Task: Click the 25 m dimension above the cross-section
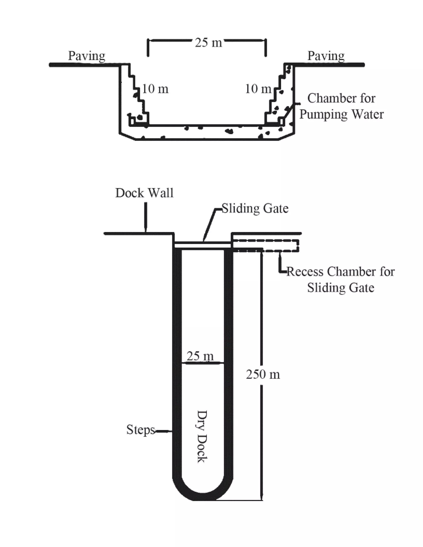tap(208, 43)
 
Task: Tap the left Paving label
tap(87, 56)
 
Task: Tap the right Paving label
tap(326, 56)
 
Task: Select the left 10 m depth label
tap(155, 89)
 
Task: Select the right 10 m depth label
tap(258, 89)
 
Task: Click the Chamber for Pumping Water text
tap(341, 107)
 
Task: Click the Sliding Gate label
tap(255, 209)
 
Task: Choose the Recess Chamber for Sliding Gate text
tap(340, 279)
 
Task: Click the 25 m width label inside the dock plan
tap(200, 356)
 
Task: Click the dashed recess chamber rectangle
tap(266, 246)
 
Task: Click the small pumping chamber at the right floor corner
tap(282, 122)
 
